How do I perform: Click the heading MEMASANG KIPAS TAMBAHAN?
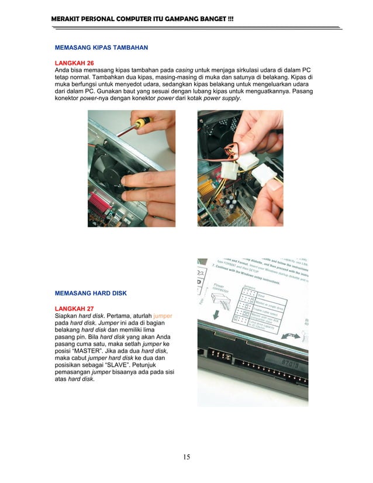click(x=101, y=47)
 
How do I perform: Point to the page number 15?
click(x=186, y=457)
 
